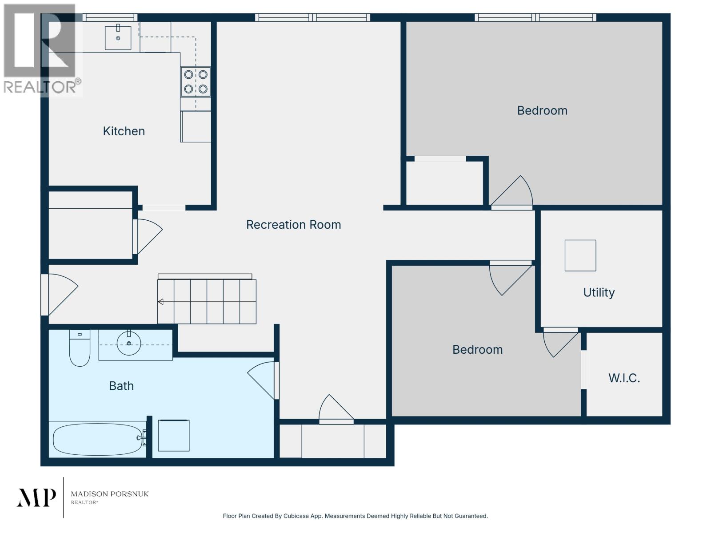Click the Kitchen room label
click(x=124, y=131)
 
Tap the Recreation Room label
click(x=293, y=225)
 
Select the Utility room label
click(x=599, y=292)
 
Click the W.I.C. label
click(x=624, y=378)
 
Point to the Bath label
click(x=121, y=386)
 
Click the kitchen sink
click(x=118, y=37)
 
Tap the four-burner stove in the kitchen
click(x=196, y=82)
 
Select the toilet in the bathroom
click(x=80, y=348)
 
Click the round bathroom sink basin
click(x=129, y=343)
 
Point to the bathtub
click(x=97, y=439)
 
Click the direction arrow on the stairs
click(x=161, y=302)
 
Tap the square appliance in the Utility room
click(x=580, y=255)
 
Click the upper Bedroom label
click(x=542, y=110)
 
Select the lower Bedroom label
click(x=477, y=350)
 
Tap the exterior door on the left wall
click(x=60, y=294)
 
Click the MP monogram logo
click(x=36, y=497)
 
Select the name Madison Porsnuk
click(x=110, y=494)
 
